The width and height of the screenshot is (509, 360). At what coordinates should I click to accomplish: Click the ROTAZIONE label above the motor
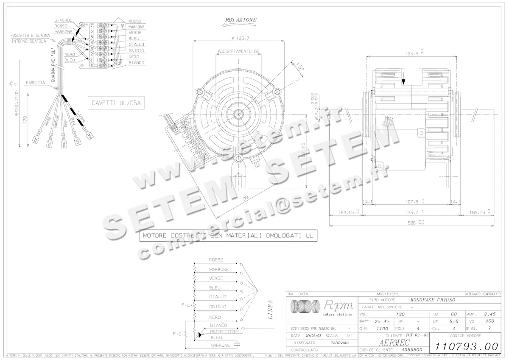click(241, 20)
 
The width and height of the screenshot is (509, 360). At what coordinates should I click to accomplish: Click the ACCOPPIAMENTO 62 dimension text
click(238, 51)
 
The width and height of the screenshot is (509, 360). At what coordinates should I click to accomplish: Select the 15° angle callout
click(300, 67)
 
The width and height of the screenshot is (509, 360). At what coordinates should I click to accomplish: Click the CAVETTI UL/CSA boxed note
click(116, 102)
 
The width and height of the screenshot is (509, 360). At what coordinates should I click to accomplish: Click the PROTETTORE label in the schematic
click(224, 331)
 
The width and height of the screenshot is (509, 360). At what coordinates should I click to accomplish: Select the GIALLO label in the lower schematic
click(218, 297)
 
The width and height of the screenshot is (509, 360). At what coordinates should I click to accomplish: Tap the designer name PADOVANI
click(340, 342)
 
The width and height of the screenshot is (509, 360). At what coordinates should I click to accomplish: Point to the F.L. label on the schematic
click(185, 305)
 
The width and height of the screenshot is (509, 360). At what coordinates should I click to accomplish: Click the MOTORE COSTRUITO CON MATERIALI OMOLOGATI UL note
click(228, 235)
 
